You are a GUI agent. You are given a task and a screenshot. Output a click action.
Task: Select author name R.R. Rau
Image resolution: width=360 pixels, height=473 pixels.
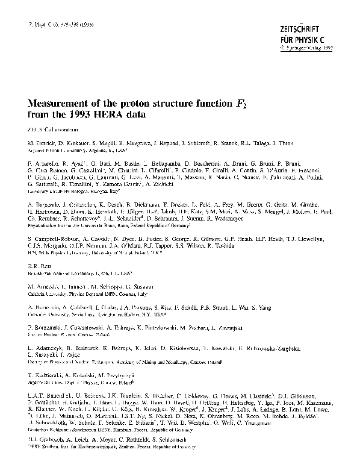pyautogui.click(x=37, y=265)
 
